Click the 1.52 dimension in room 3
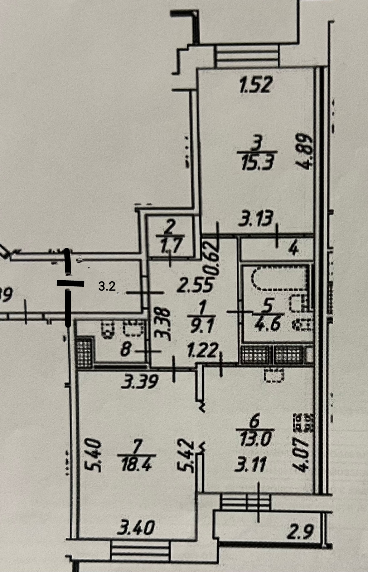pyautogui.click(x=256, y=86)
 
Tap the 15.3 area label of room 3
pyautogui.click(x=256, y=164)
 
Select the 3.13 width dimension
pyautogui.click(x=256, y=218)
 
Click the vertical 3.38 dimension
pyautogui.click(x=162, y=325)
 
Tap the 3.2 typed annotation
pyautogui.click(x=106, y=287)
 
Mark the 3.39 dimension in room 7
pyautogui.click(x=139, y=382)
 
